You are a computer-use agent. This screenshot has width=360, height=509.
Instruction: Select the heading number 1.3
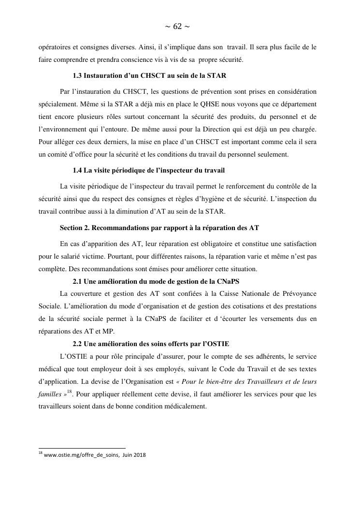77,76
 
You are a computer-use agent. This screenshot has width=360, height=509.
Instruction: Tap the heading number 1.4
77,171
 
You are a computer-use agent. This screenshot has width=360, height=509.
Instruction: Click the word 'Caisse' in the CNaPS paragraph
237,293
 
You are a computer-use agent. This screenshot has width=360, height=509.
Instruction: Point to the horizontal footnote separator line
82,448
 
